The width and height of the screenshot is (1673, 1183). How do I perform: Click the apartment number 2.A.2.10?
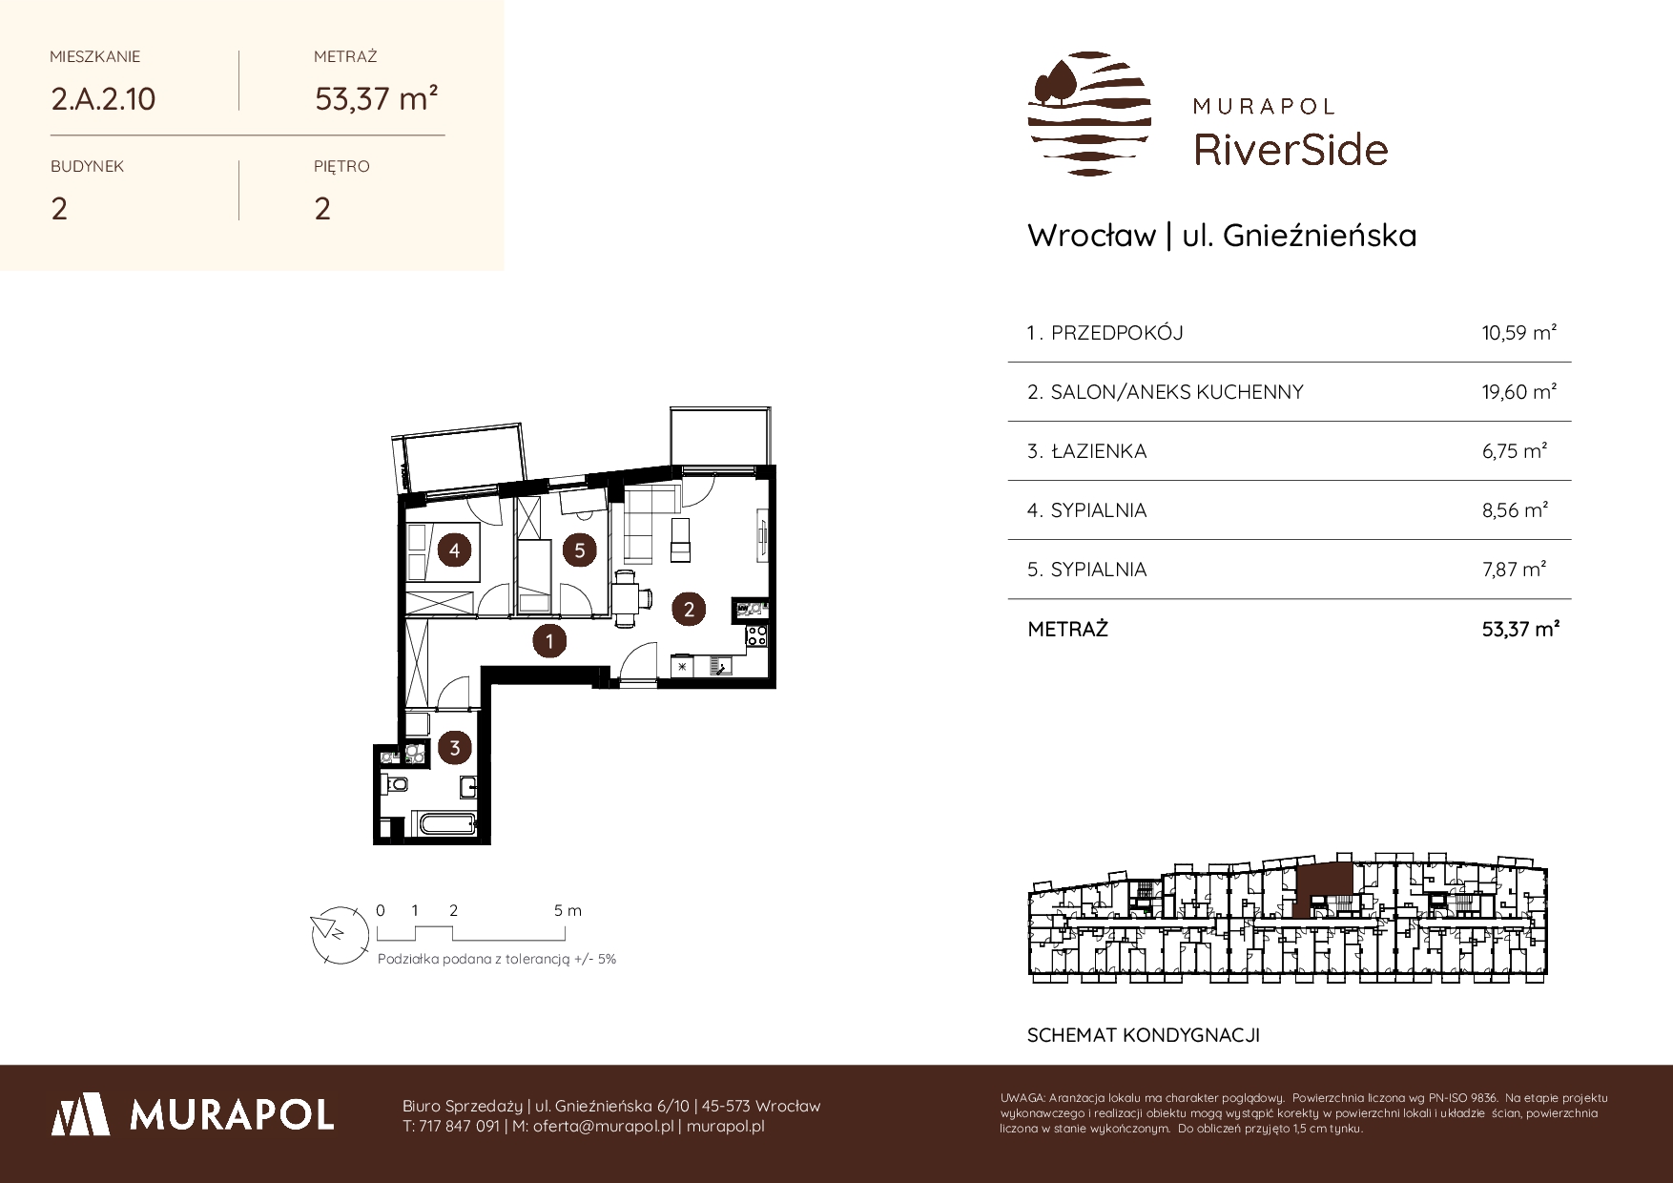[x=103, y=98]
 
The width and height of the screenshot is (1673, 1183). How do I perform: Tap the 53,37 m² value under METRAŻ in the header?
[x=377, y=97]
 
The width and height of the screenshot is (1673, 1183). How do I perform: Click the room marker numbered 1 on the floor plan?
[x=549, y=641]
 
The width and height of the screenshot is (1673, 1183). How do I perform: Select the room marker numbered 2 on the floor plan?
[x=689, y=608]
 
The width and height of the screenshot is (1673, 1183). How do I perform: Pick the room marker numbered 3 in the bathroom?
[x=454, y=747]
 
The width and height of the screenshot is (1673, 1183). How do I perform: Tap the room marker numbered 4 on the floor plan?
[x=454, y=550]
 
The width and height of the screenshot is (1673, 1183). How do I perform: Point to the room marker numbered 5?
[x=579, y=550]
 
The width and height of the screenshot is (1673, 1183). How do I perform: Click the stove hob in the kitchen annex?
[x=755, y=634]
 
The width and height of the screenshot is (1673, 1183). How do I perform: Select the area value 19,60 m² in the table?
[x=1519, y=391]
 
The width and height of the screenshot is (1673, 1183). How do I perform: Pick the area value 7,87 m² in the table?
[x=1514, y=569]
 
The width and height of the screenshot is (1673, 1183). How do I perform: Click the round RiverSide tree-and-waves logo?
[x=1089, y=114]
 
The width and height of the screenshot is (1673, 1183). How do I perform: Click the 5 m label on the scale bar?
[x=568, y=910]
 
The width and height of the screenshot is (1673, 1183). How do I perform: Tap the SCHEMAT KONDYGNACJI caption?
[x=1144, y=1035]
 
